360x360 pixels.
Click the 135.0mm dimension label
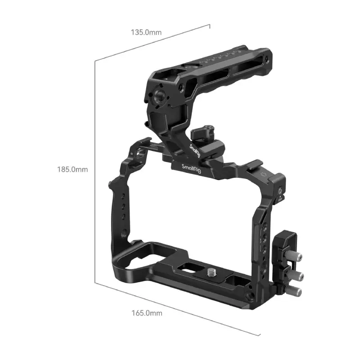coord(146,32)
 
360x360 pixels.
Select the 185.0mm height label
coord(72,170)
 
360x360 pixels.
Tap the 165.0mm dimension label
coord(147,313)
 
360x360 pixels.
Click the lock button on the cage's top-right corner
coord(280,192)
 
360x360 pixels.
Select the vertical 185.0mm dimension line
coord(94,171)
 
